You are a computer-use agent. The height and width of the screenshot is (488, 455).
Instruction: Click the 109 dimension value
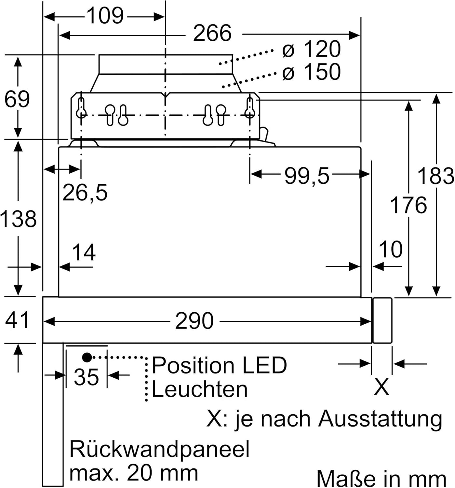click(x=106, y=16)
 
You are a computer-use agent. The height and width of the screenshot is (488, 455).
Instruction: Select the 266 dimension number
click(x=212, y=33)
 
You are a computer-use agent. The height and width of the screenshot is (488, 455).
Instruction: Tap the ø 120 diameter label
click(x=311, y=49)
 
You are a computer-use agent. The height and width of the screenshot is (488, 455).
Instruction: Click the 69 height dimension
click(x=17, y=99)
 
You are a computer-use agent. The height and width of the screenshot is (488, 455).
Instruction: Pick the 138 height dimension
click(x=18, y=219)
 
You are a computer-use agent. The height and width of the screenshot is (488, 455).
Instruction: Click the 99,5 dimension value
click(x=307, y=176)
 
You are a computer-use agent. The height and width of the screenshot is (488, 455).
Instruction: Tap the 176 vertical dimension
click(x=408, y=205)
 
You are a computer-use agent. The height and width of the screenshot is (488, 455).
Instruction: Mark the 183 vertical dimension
click(x=435, y=176)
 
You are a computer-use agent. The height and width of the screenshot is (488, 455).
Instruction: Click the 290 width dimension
click(x=194, y=321)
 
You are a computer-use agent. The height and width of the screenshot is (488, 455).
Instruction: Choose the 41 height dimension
click(x=17, y=320)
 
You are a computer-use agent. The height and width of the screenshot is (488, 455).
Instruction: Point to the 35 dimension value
click(x=86, y=377)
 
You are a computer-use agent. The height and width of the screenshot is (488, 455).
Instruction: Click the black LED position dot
click(x=87, y=357)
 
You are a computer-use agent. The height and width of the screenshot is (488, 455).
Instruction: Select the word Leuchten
click(x=199, y=389)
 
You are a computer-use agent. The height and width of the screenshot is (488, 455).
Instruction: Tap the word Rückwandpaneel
click(x=159, y=449)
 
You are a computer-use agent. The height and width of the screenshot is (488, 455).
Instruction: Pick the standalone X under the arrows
click(x=381, y=387)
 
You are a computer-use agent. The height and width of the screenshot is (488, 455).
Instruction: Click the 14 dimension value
click(x=84, y=252)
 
